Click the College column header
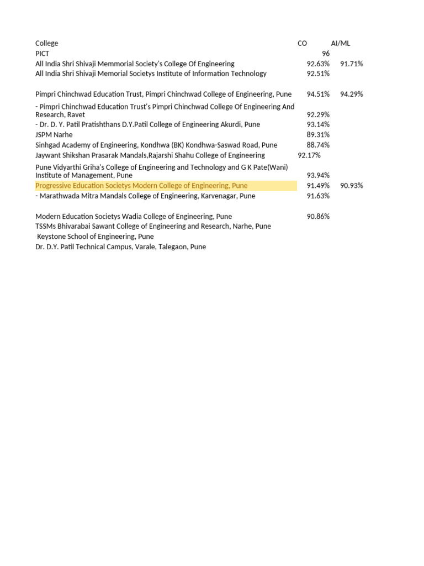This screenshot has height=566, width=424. (x=46, y=43)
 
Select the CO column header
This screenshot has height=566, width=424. (x=302, y=43)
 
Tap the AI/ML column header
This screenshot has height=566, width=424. (x=341, y=43)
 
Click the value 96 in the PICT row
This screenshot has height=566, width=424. (x=326, y=54)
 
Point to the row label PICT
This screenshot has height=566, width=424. (x=43, y=54)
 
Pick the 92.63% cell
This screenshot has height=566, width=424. (x=318, y=64)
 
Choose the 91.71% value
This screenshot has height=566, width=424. (x=352, y=64)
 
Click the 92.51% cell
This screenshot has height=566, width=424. (x=318, y=74)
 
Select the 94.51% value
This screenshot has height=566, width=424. (x=318, y=94)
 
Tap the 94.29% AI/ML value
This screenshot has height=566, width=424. (x=352, y=94)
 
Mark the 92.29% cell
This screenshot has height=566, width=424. (x=318, y=114)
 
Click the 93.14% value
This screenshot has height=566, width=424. (x=318, y=124)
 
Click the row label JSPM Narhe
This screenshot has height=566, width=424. (x=54, y=134)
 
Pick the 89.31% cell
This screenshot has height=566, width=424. (x=318, y=134)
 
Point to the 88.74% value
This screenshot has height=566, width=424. (x=318, y=145)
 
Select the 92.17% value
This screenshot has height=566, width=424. (x=309, y=155)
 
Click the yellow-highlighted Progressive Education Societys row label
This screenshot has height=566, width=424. (x=141, y=186)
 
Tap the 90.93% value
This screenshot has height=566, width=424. (x=352, y=186)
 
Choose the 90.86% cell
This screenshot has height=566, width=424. (x=318, y=216)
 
